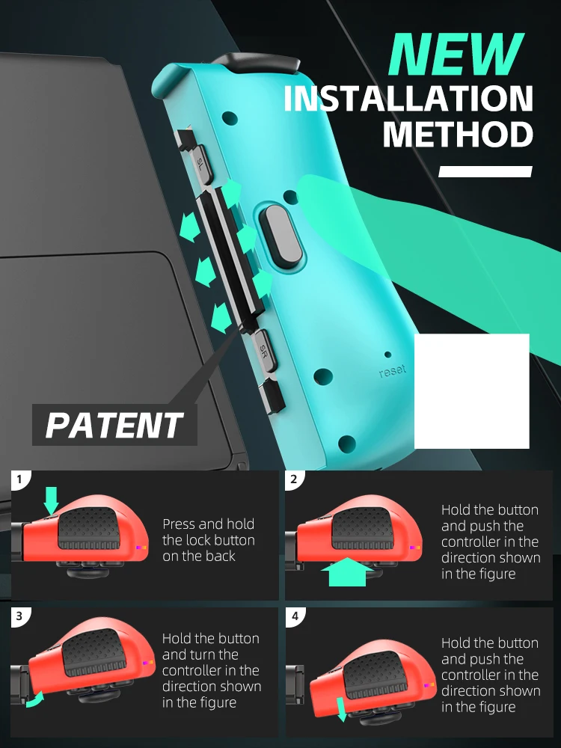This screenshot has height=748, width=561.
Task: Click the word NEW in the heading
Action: point(456,55)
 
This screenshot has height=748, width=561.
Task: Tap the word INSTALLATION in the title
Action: point(408,99)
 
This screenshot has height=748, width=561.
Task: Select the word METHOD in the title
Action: point(458,135)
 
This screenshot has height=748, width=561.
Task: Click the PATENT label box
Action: point(114,425)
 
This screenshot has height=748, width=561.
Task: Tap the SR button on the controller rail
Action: point(264,351)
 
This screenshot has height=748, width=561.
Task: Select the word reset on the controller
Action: point(393,371)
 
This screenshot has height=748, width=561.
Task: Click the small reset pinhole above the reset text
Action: point(387,355)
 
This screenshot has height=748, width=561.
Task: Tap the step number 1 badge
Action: point(19,479)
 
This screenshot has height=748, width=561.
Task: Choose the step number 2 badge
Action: point(294,479)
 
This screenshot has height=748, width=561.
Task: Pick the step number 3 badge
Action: point(19,616)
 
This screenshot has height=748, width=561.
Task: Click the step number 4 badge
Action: point(295,616)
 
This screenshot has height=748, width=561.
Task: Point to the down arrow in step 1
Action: point(51,501)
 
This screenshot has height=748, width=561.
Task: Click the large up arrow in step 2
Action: point(348,571)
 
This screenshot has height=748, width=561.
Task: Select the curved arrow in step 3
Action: point(35,700)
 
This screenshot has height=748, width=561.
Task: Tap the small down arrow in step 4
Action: point(342,709)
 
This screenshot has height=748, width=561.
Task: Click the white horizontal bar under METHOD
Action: point(485,171)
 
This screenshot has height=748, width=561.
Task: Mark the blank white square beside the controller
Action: point(472,391)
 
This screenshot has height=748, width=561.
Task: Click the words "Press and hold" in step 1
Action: point(209,524)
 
